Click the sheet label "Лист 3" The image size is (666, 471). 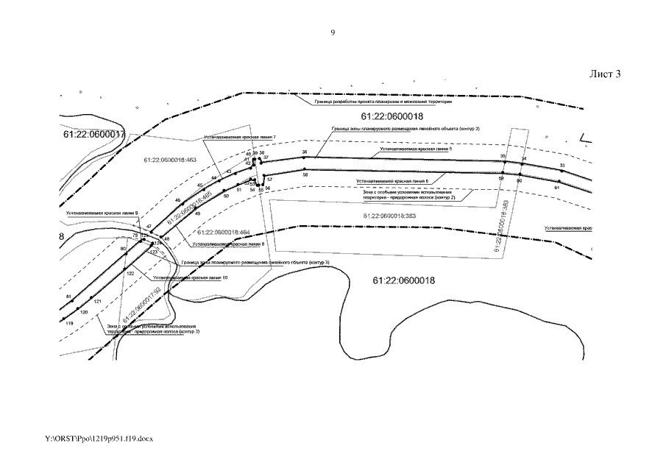(x=606, y=74)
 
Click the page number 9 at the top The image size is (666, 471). (x=333, y=32)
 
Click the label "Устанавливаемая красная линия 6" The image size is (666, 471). (x=392, y=180)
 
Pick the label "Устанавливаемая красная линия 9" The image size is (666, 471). (x=102, y=213)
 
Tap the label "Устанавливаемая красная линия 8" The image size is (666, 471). (x=227, y=243)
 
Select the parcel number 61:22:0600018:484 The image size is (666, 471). (x=224, y=232)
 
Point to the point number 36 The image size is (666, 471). (x=304, y=152)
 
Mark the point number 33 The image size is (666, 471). (x=562, y=165)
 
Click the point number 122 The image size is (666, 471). (x=130, y=272)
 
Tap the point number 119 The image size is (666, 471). (x=70, y=323)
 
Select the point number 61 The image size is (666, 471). (x=557, y=188)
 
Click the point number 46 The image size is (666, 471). (x=177, y=200)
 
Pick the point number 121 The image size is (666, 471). (x=97, y=302)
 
